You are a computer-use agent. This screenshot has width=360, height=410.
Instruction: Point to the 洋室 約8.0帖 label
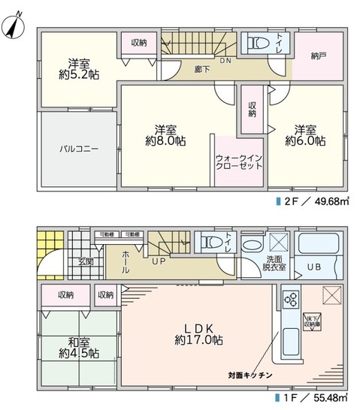[x=165, y=134]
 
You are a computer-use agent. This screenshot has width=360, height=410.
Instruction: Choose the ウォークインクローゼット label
[x=238, y=161]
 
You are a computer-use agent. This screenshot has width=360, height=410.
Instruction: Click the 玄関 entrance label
[x=85, y=262]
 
